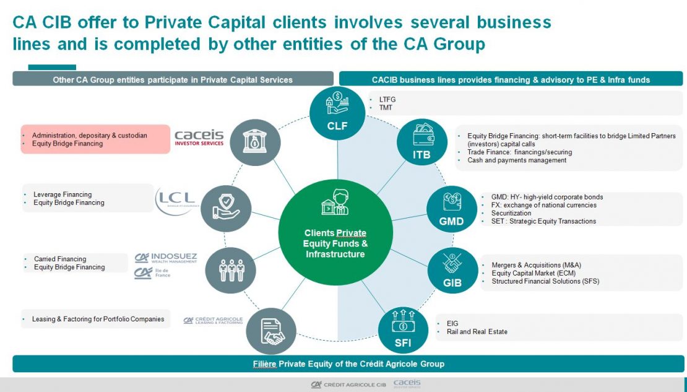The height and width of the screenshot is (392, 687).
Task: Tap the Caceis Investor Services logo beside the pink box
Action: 199,137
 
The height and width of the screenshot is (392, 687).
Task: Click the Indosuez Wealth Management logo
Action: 165,258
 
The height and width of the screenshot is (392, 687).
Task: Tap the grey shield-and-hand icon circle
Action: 227,209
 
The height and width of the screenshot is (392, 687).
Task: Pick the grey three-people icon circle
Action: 231,271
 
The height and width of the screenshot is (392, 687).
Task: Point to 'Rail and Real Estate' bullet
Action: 477,332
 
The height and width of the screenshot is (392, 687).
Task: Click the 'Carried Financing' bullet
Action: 60,259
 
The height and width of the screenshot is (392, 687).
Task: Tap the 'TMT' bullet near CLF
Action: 387,108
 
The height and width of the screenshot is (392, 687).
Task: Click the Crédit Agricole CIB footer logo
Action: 348,385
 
